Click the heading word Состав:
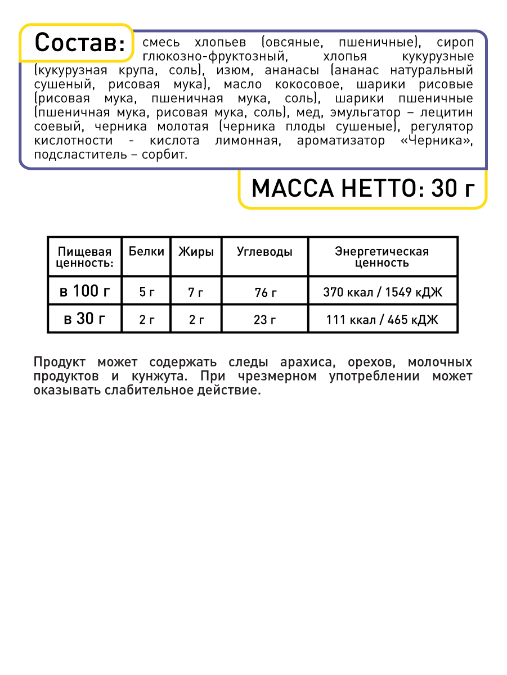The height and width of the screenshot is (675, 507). [79, 43]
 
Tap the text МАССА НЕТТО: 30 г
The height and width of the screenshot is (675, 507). [361, 189]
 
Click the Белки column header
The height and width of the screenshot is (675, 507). [147, 252]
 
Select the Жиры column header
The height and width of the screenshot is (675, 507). [196, 252]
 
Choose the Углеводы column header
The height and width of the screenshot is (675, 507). [264, 252]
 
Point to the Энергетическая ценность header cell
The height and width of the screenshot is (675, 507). [382, 257]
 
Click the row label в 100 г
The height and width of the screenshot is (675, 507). [85, 292]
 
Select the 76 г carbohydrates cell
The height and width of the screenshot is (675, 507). [264, 292]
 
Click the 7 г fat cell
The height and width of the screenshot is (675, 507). [196, 292]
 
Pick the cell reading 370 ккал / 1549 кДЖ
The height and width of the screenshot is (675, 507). [382, 292]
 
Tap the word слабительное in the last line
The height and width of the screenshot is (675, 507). [142, 391]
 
